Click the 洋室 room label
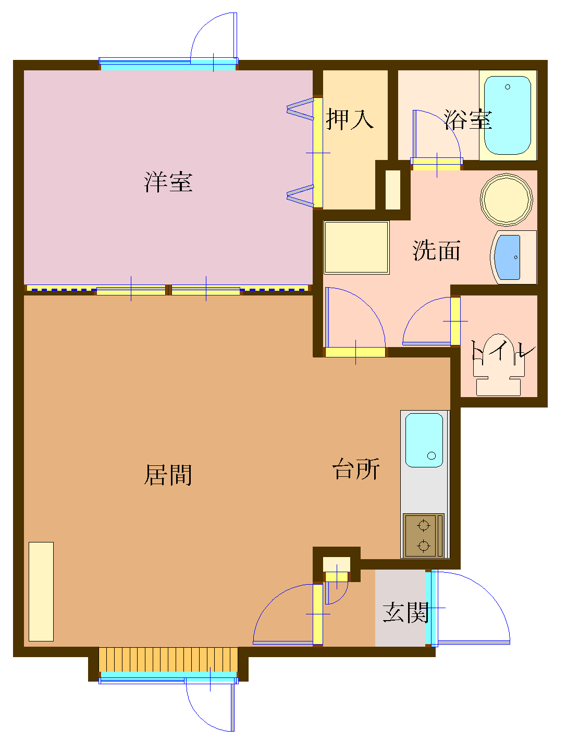coord(168,182)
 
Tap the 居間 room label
coord(168,475)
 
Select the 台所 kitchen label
coord(356,469)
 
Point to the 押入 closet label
coord(350,119)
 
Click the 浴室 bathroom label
coord(468,119)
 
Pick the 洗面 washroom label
coord(437,250)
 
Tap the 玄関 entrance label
coord(405,612)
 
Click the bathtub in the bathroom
coord(508,115)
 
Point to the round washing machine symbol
coord(507,199)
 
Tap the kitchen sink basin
coord(424,440)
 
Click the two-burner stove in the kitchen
coord(423,535)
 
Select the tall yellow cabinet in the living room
coord(41,591)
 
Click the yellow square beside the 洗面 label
coord(356,247)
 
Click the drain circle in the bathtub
coord(508,87)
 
